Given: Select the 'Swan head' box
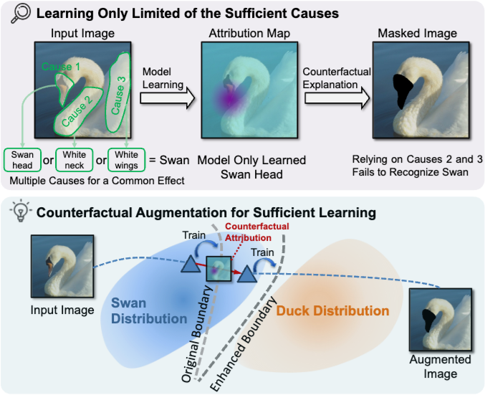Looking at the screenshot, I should pos(20,158).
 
